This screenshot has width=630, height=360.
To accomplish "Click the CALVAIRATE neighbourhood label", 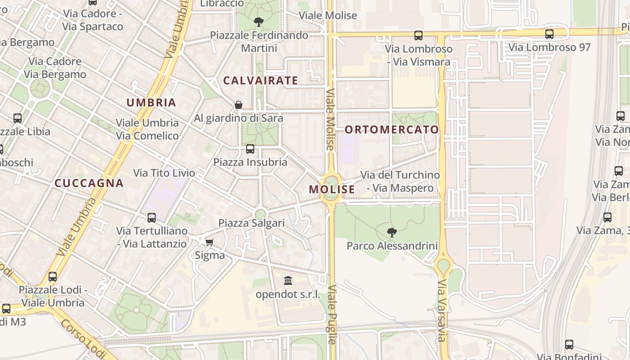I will tap(261, 81).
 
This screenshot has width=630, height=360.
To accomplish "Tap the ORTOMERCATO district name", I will tap(391, 130).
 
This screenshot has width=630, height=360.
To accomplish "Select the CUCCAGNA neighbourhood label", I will tap(89, 183).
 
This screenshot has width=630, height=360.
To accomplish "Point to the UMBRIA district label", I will tap(151, 103).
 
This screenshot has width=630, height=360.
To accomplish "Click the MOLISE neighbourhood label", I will tap(332, 189).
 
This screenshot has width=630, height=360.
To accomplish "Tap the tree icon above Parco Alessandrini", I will tap(392, 233).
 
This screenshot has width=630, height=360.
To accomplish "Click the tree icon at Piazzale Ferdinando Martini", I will tap(259, 22).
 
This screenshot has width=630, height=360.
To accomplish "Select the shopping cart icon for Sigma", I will tap(209, 243).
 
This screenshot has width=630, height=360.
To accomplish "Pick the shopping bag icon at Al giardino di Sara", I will tap(238, 105).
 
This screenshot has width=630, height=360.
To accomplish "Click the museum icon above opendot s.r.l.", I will tap(288, 281).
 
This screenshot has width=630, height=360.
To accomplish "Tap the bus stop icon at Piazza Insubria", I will tap(250, 149).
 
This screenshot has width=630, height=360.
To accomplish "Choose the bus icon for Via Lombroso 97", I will tap(549, 34).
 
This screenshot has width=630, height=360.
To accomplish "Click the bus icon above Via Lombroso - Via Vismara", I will tap(418, 35).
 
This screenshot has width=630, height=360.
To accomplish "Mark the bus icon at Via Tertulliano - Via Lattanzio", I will tap(152, 218).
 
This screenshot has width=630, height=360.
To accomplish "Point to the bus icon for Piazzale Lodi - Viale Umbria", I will tap(53, 277).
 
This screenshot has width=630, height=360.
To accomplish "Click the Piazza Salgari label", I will tap(252, 223).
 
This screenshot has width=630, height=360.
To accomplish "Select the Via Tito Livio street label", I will tap(164, 173).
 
